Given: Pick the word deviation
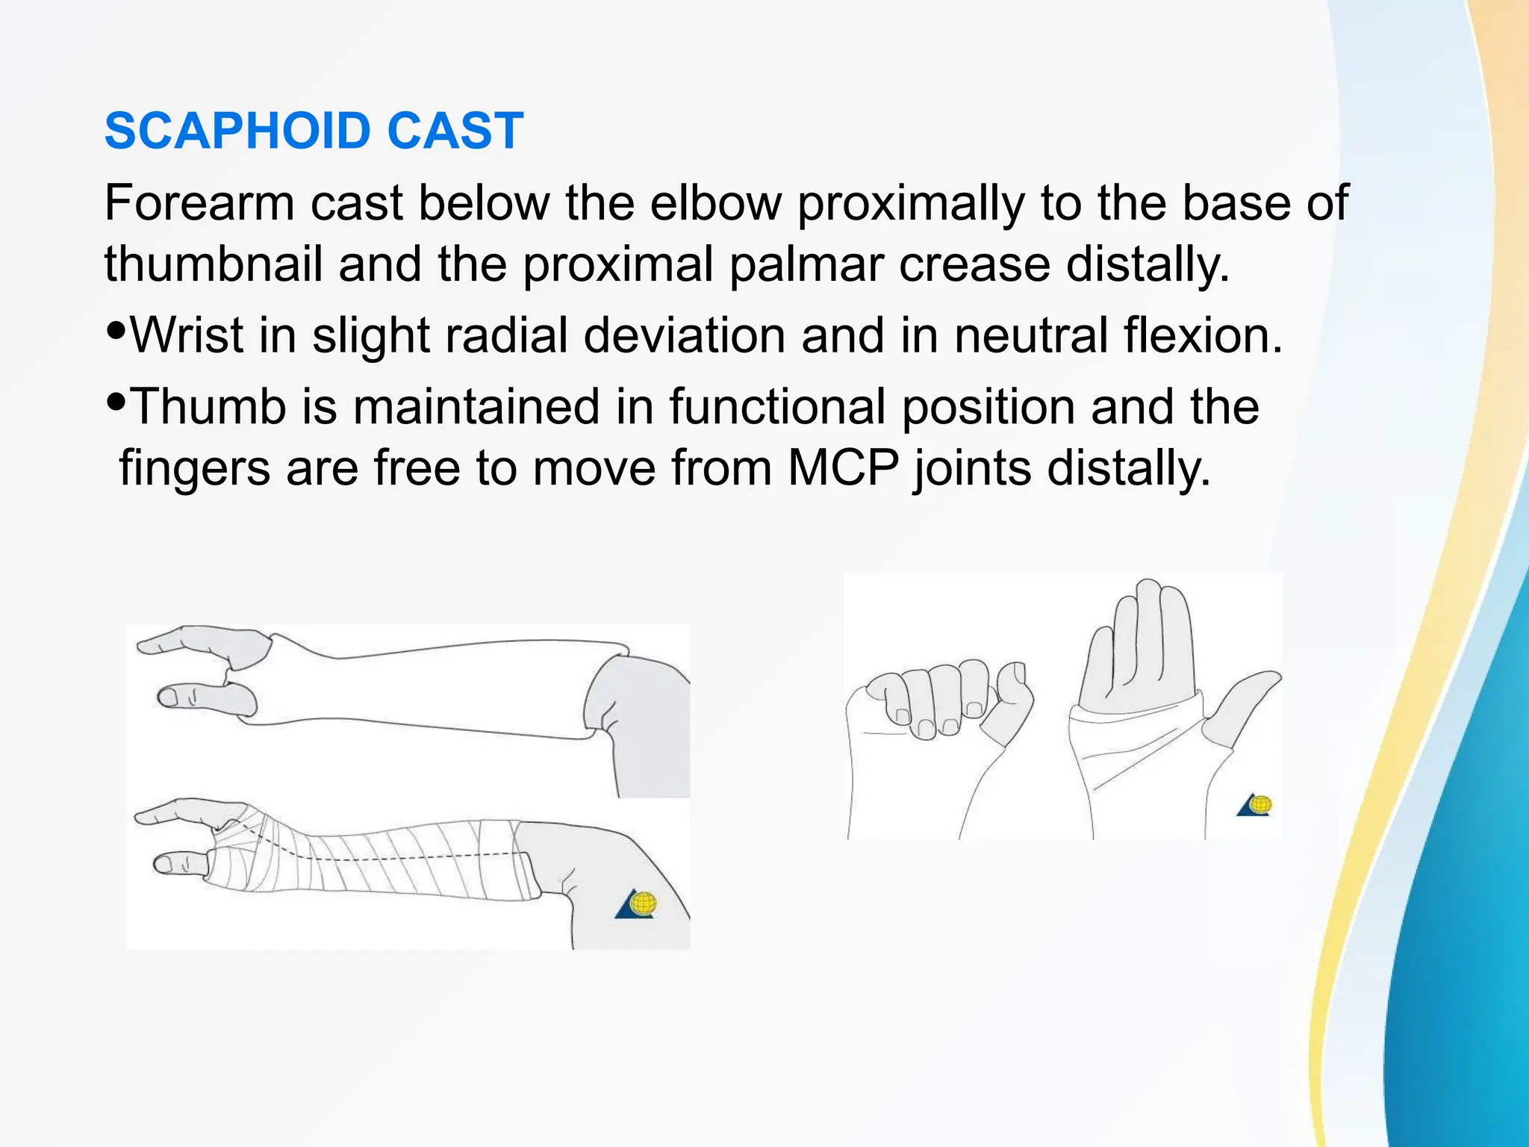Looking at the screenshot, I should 684,335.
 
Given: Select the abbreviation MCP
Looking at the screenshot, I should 844,468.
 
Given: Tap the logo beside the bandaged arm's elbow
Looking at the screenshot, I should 636,904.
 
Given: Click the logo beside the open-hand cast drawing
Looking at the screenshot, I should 1256,804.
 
